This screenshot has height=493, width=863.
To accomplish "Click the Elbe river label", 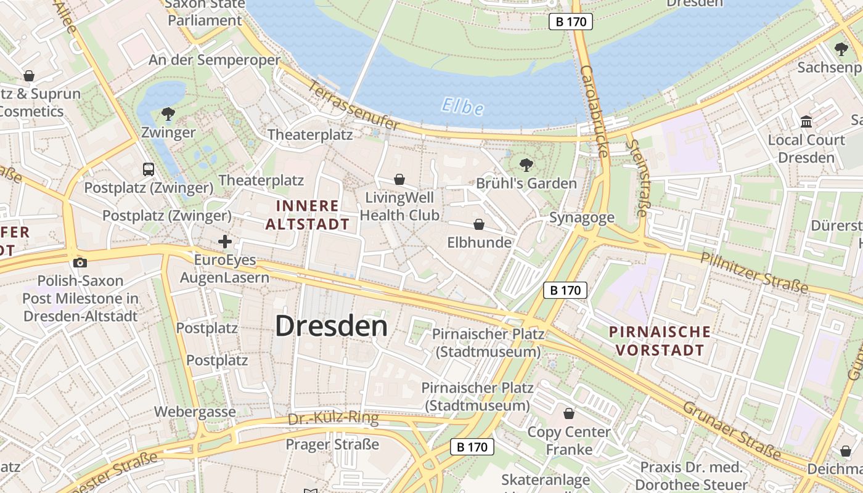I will [462, 107].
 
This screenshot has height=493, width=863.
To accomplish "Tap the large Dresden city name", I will [331, 326].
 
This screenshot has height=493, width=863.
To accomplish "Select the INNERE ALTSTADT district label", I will [308, 215].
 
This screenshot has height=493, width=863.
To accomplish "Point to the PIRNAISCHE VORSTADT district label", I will [660, 341].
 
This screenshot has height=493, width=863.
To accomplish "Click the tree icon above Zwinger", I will [167, 114].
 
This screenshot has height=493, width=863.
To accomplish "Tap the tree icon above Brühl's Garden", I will [526, 165].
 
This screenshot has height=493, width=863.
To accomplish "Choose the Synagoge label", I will [582, 218].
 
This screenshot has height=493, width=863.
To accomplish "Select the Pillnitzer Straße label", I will [754, 272].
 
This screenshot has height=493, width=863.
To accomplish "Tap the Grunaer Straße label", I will [732, 431].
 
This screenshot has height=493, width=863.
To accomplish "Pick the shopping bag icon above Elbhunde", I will [479, 224].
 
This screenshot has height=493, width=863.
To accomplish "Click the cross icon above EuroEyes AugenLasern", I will [225, 242].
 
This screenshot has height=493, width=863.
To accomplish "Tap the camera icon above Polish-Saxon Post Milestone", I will [80, 263].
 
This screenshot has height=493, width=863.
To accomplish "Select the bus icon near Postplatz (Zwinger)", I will [148, 169].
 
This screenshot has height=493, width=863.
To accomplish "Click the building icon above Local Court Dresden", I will [806, 121].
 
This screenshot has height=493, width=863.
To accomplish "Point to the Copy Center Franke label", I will [569, 440].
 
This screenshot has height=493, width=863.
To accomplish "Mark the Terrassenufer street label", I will [355, 105].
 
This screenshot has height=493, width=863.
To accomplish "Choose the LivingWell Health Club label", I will [399, 206].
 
